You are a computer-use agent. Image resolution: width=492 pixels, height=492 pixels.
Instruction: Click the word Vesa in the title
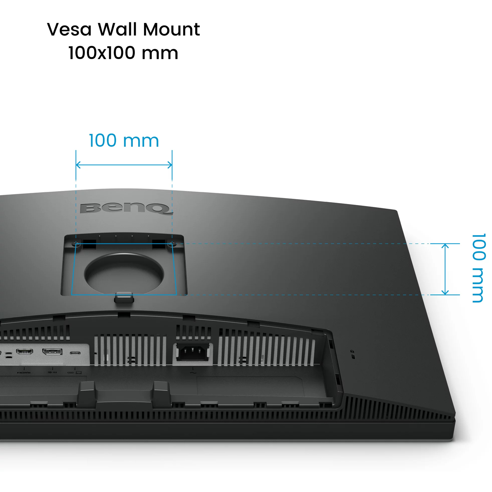click(69, 30)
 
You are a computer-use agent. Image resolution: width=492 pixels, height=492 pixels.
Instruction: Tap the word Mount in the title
click(171, 30)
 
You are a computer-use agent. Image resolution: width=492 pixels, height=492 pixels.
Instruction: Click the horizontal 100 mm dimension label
click(124, 141)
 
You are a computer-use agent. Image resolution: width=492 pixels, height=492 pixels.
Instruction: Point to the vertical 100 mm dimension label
click(479, 268)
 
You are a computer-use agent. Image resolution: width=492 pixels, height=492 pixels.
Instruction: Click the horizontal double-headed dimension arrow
click(124, 165)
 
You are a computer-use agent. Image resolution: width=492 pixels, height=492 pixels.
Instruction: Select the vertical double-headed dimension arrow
click(445, 269)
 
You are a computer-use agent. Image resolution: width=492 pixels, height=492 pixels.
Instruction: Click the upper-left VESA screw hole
click(76, 244)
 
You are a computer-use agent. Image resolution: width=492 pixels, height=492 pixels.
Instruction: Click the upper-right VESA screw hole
click(172, 244)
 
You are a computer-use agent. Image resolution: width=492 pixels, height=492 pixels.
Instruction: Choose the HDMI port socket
click(25, 352)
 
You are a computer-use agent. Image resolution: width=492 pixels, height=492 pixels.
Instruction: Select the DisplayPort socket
click(52, 352)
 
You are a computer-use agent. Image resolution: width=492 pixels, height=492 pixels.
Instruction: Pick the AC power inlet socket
click(193, 352)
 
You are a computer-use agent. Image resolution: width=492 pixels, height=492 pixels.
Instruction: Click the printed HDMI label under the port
click(24, 373)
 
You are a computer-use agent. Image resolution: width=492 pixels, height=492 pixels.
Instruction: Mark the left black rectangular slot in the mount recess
click(90, 244)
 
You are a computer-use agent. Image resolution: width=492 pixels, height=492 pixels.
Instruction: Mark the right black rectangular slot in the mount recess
click(159, 244)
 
